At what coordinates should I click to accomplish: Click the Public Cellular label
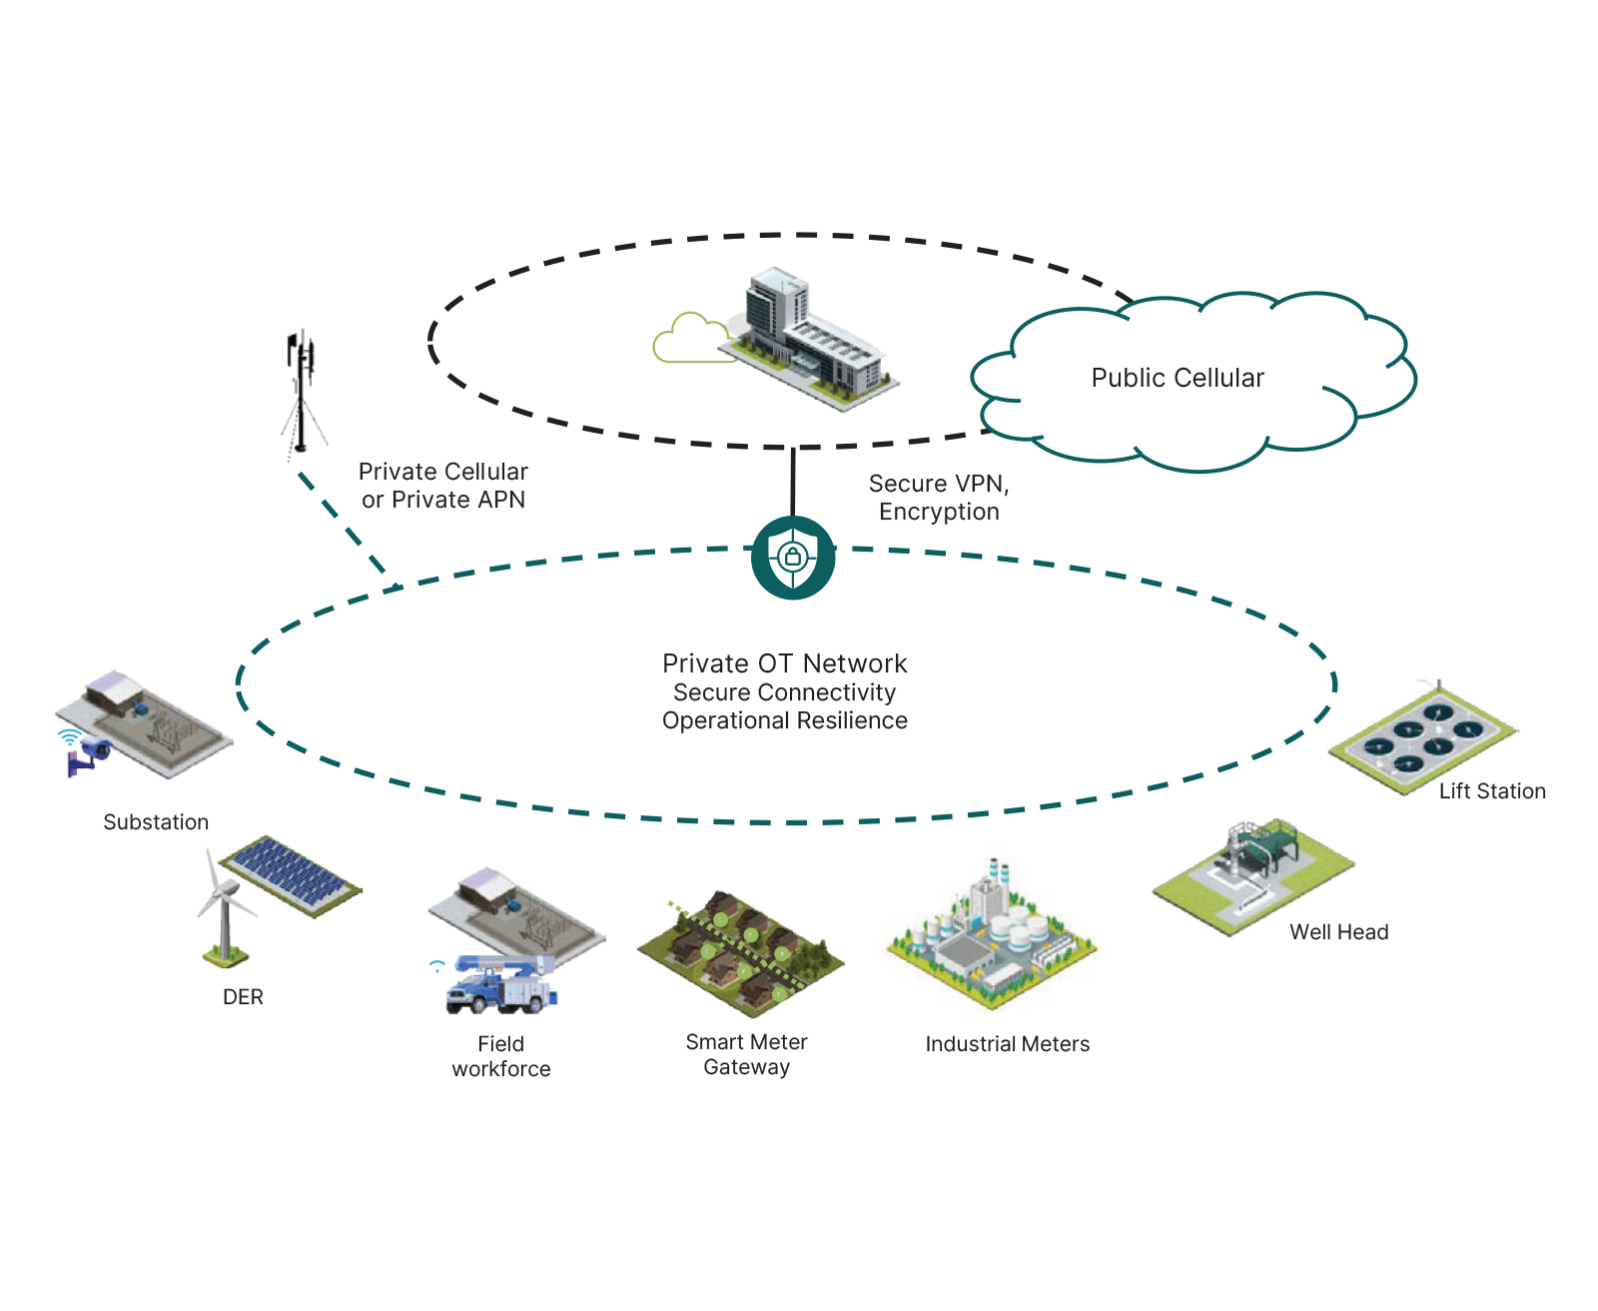coord(1177,378)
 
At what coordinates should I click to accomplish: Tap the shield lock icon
coord(793,558)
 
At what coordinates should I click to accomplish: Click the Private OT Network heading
coord(784,663)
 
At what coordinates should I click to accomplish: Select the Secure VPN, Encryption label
coord(939,498)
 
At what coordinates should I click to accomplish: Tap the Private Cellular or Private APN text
coord(442,486)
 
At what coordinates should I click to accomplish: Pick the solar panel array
coord(290,875)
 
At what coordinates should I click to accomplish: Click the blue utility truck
coord(500,985)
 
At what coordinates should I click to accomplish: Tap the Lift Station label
coord(1491,791)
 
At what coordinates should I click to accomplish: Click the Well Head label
coord(1338,932)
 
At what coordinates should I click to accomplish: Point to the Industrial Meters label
coord(1007,1044)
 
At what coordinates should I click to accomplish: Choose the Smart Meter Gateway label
coord(746,1054)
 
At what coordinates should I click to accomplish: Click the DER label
coord(243,997)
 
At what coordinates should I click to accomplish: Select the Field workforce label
coord(500,1056)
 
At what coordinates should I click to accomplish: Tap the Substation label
coord(156,822)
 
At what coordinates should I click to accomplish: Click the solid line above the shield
coord(793,482)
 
